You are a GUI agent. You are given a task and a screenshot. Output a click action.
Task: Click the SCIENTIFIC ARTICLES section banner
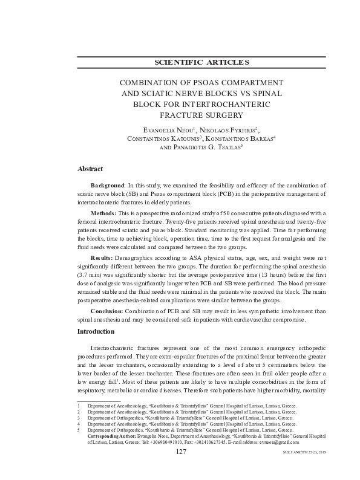201,62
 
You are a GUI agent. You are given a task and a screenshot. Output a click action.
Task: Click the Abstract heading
90,169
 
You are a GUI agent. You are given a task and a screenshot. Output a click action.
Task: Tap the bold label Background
107,185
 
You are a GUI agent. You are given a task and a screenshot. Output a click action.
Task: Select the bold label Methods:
105,213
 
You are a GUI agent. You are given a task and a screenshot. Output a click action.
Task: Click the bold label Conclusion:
107,311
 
